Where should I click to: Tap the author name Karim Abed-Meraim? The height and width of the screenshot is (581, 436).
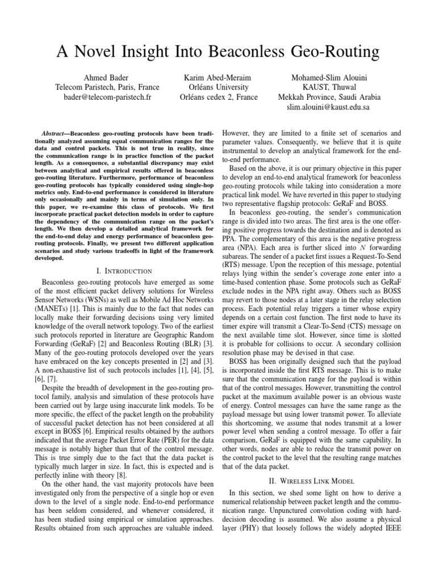tap(218, 77)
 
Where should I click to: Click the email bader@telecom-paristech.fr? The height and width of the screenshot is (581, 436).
tap(107, 97)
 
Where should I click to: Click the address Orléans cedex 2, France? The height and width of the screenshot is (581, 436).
tap(218, 97)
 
